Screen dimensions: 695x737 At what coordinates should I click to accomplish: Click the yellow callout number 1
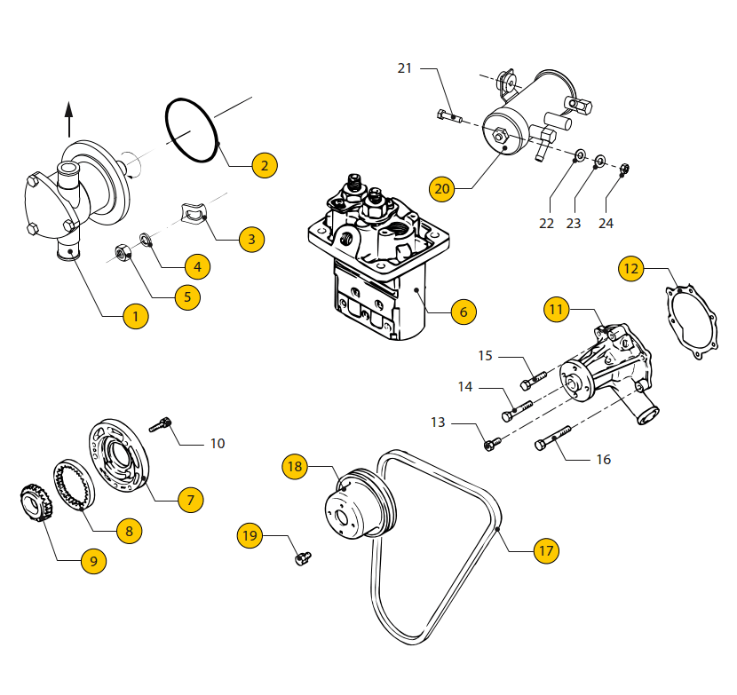135,315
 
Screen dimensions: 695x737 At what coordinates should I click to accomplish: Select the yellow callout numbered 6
463,312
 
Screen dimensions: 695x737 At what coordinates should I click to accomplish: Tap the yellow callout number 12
630,268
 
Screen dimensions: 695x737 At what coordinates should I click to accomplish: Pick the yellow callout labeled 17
545,550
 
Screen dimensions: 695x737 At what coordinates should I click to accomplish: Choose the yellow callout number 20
442,188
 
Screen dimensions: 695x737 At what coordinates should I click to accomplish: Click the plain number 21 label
405,68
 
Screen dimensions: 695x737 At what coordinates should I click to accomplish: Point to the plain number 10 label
218,443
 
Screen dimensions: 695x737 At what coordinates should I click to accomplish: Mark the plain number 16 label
603,460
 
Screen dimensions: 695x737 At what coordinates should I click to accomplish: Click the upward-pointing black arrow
69,115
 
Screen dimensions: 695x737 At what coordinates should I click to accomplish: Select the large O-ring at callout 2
192,130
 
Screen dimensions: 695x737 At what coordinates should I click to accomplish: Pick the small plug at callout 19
303,558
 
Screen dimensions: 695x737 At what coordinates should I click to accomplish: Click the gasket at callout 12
695,320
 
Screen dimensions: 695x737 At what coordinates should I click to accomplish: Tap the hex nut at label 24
624,168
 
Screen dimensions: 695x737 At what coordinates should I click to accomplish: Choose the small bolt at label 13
492,442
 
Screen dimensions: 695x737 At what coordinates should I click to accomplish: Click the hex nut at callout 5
123,255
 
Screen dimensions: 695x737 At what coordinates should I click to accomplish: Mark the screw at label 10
161,425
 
